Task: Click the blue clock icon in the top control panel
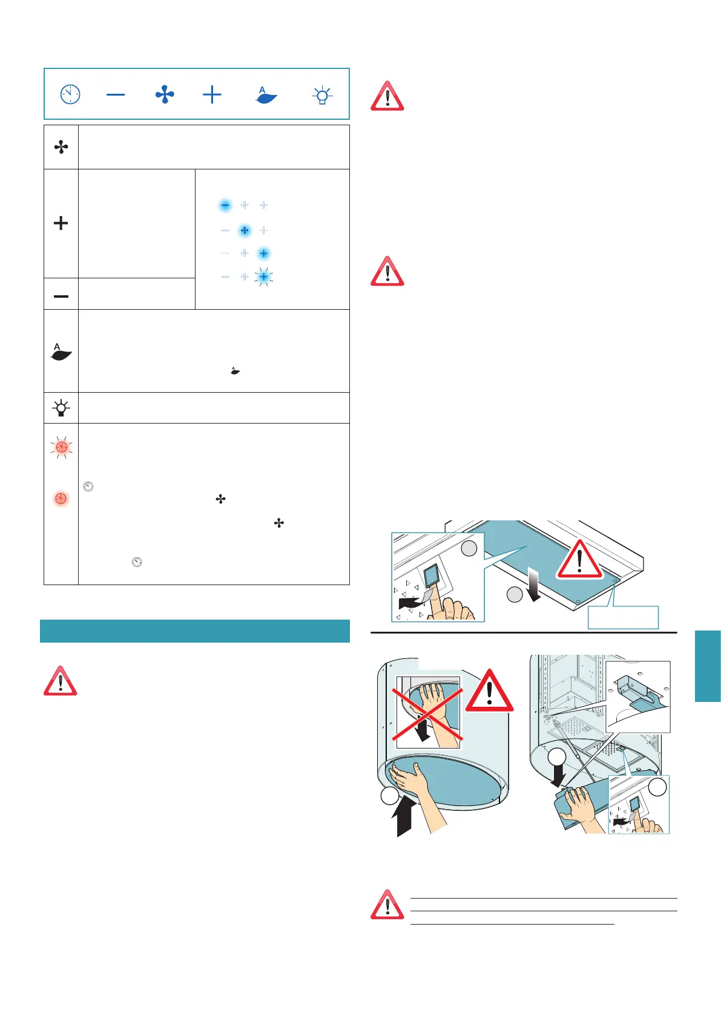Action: coord(70,94)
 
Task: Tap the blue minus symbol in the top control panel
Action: coord(116,94)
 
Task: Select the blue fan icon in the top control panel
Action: coord(165,94)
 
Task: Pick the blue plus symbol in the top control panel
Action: coord(212,94)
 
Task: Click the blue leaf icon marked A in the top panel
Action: coord(266,95)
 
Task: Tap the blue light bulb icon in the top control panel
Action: coord(322,95)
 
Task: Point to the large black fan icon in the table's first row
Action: coord(61,147)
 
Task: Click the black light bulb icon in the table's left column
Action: coord(61,408)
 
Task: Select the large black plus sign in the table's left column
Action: coord(61,223)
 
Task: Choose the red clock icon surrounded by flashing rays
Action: coord(61,447)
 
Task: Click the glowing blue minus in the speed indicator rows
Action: coord(225,206)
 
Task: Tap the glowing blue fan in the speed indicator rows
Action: coord(245,231)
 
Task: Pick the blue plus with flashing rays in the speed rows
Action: coord(263,277)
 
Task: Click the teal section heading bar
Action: coord(195,631)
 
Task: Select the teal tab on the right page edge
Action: coord(708,666)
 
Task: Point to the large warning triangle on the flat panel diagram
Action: coord(579,560)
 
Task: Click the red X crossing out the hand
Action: coord(427,709)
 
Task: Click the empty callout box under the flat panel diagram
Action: coord(623,617)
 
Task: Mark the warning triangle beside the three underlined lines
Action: coord(387,905)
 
